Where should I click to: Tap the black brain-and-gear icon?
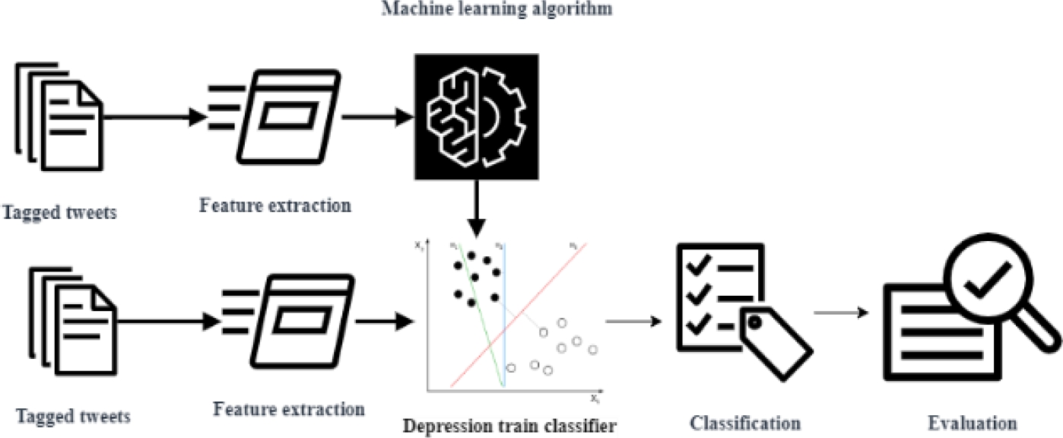click(475, 116)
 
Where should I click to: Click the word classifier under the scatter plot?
click(585, 426)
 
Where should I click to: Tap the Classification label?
click(744, 423)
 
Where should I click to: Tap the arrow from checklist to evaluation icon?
click(841, 313)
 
